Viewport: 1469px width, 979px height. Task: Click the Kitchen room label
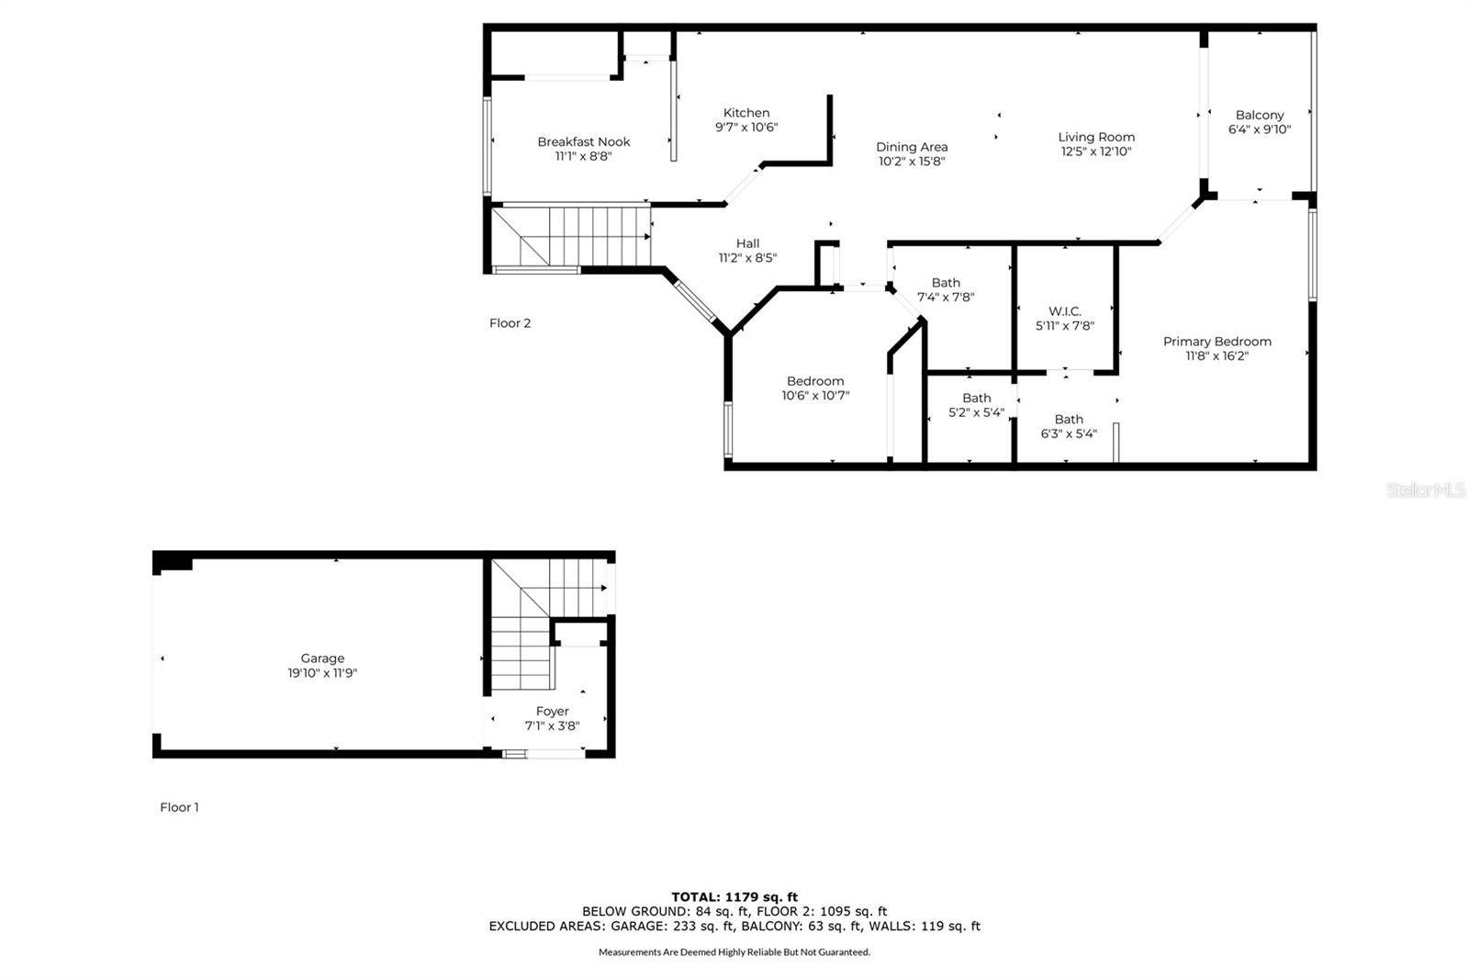[x=746, y=113]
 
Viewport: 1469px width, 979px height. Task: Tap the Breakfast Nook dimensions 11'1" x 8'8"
[x=583, y=156]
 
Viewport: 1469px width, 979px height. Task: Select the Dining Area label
[x=912, y=147]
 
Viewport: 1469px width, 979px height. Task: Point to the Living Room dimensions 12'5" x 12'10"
[x=1096, y=152]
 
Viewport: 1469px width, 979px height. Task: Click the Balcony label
[x=1259, y=116]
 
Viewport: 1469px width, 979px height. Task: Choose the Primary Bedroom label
[x=1217, y=342]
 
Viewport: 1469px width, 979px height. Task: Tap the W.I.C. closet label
[x=1064, y=311]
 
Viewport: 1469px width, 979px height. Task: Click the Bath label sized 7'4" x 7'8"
[x=946, y=283]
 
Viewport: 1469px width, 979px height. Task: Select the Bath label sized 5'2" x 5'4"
[x=977, y=399]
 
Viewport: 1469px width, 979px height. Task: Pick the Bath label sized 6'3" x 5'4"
[x=1069, y=420]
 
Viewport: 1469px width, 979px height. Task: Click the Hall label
[x=747, y=243]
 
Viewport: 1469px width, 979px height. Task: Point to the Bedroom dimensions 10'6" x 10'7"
[x=815, y=396]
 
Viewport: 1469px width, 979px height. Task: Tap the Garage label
[x=322, y=658]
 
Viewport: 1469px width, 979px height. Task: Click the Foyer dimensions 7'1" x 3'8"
[x=552, y=726]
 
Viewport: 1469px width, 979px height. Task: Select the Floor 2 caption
[x=510, y=323]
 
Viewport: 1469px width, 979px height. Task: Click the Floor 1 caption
[x=179, y=807]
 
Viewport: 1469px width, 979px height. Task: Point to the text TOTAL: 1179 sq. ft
[x=734, y=897]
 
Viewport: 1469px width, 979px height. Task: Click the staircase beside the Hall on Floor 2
[x=571, y=236]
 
